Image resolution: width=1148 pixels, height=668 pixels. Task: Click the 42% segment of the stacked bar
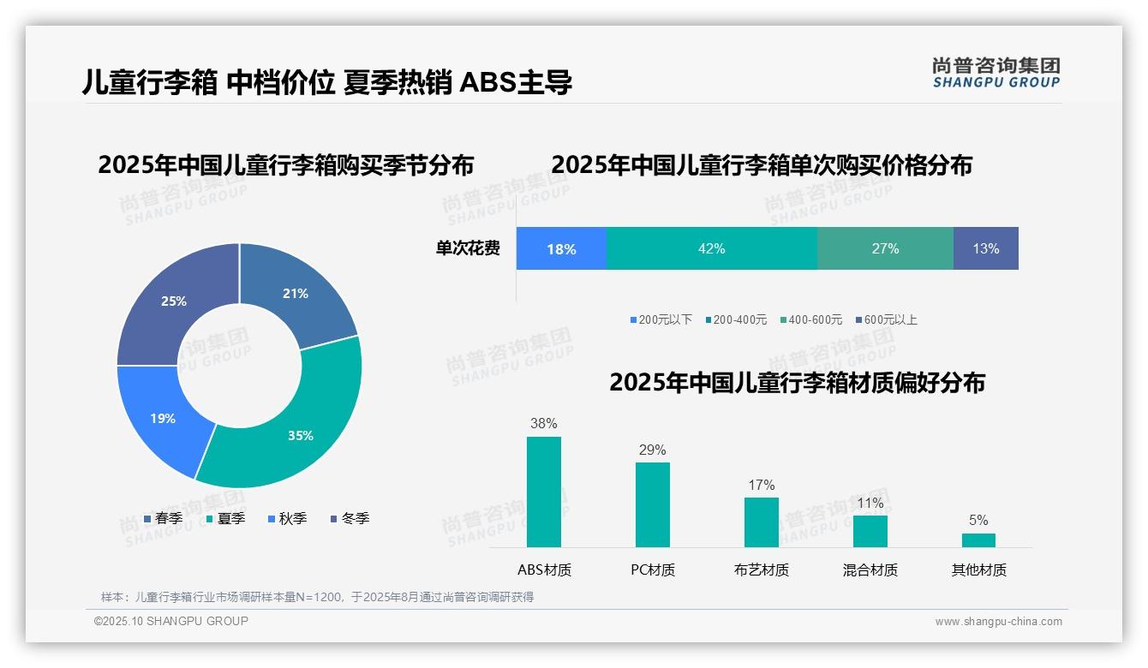pyautogui.click(x=711, y=248)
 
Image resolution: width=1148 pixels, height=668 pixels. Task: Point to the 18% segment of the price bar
pyautogui.click(x=561, y=248)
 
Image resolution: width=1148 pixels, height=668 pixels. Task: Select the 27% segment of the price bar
pyautogui.click(x=885, y=248)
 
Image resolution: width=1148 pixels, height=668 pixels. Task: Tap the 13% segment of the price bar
pyautogui.click(x=985, y=248)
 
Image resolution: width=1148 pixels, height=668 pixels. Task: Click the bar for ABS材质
pyautogui.click(x=544, y=492)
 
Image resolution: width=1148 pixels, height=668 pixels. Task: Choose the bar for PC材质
pyautogui.click(x=653, y=504)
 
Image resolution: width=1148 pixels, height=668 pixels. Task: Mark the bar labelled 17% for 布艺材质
pyautogui.click(x=761, y=522)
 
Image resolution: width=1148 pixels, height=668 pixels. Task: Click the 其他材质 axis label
pyautogui.click(x=978, y=570)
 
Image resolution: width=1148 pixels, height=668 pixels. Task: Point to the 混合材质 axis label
pyautogui.click(x=870, y=570)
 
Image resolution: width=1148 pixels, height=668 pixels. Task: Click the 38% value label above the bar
pyautogui.click(x=544, y=423)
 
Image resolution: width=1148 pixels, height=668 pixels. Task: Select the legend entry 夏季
pyautogui.click(x=226, y=518)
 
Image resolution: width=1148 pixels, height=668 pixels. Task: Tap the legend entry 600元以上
pyautogui.click(x=886, y=319)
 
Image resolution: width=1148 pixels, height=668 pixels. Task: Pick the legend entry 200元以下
pyautogui.click(x=661, y=319)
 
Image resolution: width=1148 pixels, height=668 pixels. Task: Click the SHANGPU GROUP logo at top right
pyautogui.click(x=996, y=73)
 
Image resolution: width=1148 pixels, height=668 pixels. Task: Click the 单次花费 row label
pyautogui.click(x=468, y=248)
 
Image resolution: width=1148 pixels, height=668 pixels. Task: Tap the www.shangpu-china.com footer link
pyautogui.click(x=998, y=621)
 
